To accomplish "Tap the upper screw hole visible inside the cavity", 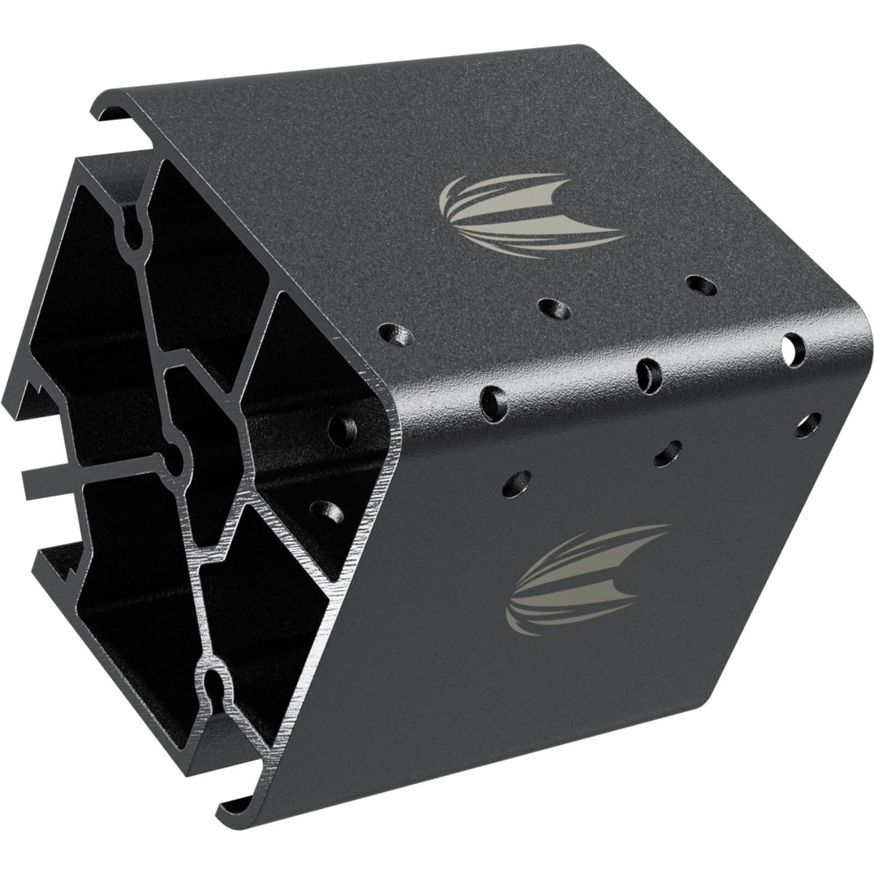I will pos(340,428).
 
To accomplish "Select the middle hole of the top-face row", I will pos(554,309).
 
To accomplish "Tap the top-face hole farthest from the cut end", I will pos(698,284).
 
